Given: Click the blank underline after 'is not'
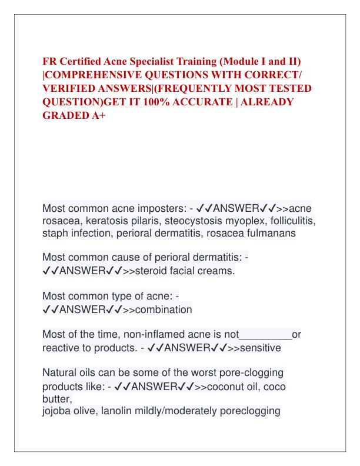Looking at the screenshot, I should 266,335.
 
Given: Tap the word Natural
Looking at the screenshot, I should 62,373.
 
